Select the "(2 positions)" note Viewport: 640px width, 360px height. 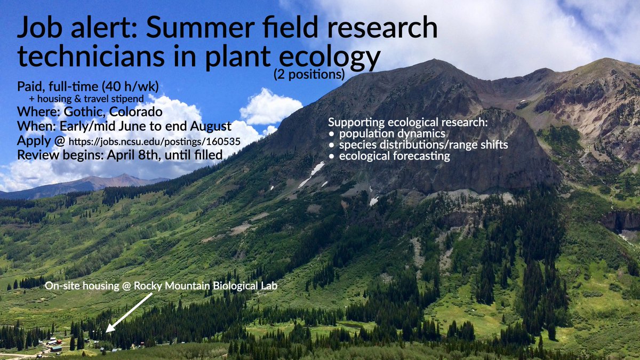tap(309, 75)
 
